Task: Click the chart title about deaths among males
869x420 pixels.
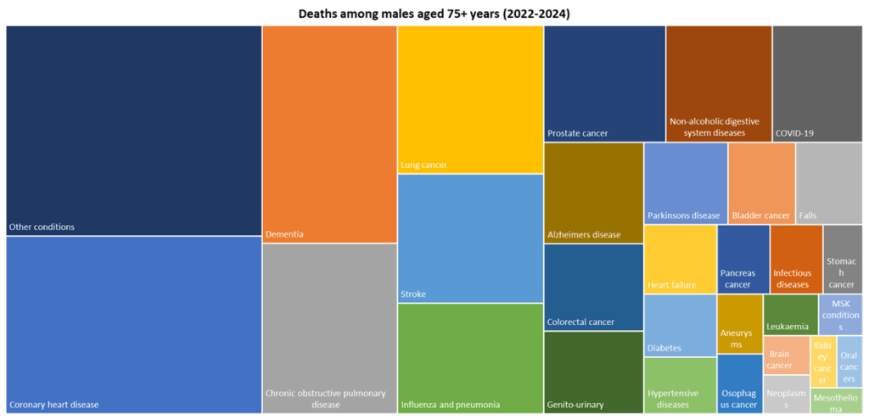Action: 434,14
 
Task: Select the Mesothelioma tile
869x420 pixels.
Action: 836,400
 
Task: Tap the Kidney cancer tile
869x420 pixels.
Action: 822,361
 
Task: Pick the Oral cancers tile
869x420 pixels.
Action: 849,361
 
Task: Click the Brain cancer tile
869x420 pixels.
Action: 786,355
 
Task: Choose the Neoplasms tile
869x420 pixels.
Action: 786,395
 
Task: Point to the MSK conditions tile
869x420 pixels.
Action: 840,314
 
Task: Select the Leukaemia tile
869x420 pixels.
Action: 790,315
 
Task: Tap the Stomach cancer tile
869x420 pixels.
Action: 842,259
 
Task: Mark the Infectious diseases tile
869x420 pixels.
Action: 795,259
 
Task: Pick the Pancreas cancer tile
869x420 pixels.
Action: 743,259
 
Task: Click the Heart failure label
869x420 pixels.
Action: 672,285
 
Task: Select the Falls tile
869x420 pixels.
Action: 828,183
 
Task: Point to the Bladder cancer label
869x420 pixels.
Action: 760,216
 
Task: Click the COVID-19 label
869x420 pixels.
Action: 794,133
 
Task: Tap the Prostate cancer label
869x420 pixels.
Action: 578,133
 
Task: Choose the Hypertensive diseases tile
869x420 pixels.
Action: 680,385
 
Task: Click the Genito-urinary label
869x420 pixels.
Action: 575,405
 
